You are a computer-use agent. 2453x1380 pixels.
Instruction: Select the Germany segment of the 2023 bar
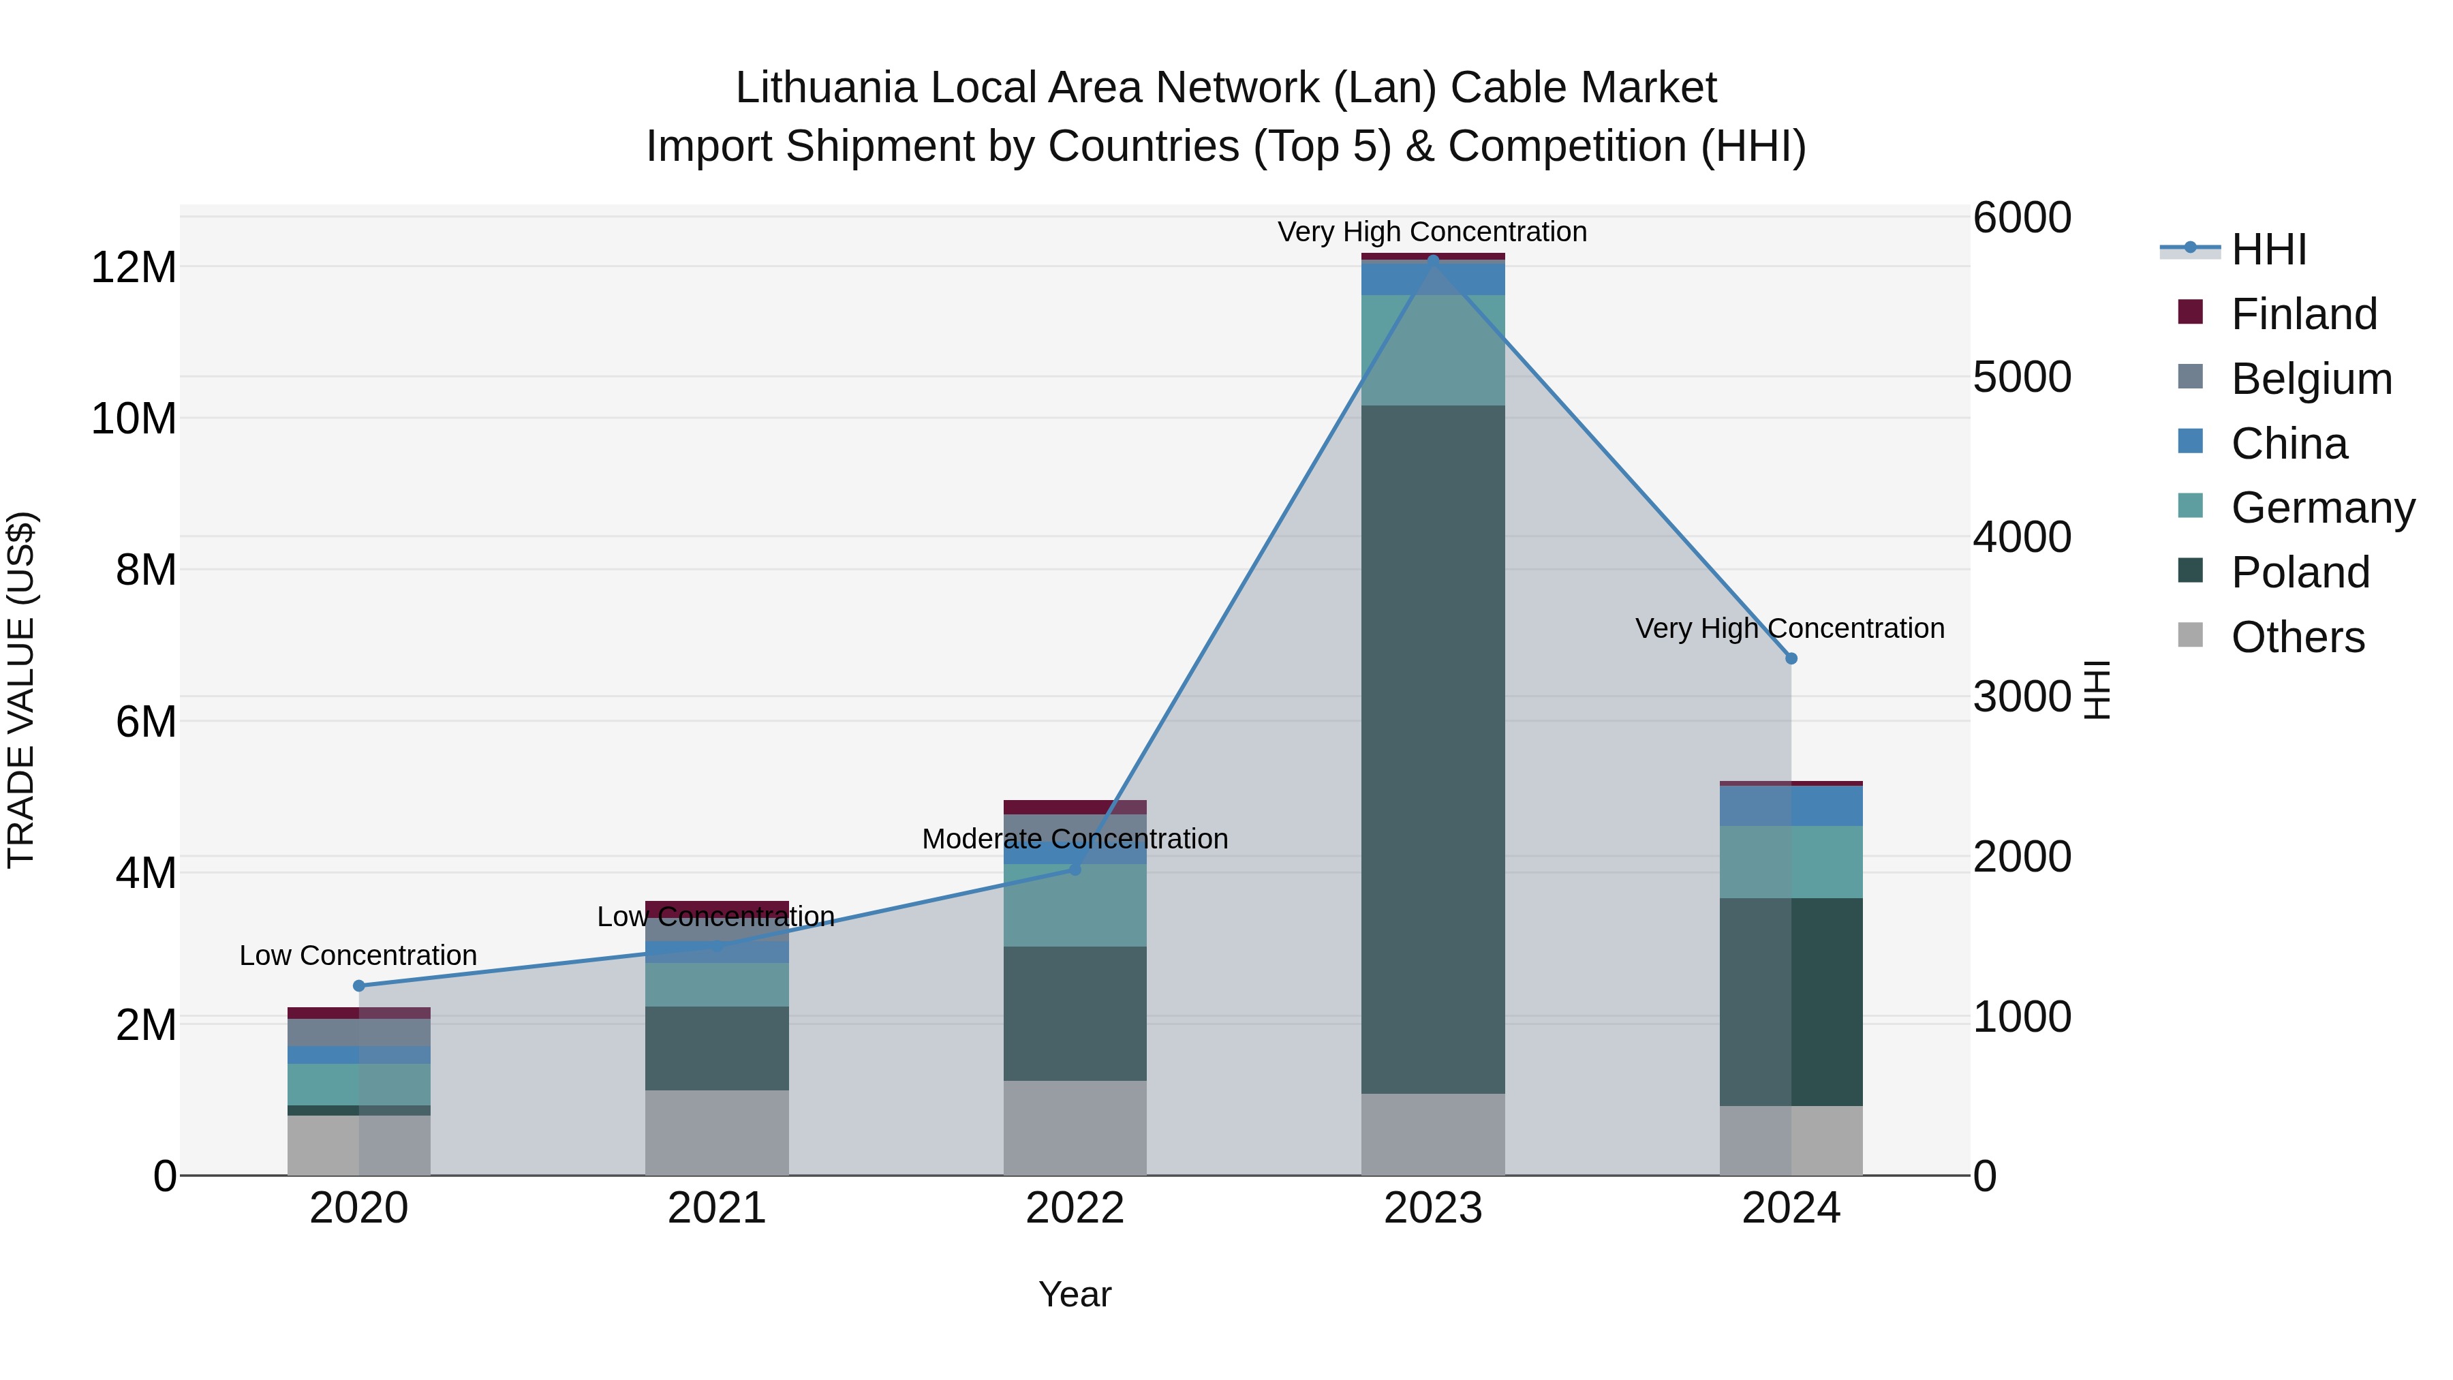click(1432, 350)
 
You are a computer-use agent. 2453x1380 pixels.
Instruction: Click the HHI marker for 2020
click(359, 985)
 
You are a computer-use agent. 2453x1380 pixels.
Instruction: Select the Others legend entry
click(2297, 637)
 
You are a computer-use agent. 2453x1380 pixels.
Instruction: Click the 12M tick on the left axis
click(134, 268)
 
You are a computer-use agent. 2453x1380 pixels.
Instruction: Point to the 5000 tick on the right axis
click(2021, 377)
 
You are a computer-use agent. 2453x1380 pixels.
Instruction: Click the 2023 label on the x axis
click(1432, 1208)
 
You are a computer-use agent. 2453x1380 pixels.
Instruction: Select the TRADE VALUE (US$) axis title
click(21, 690)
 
